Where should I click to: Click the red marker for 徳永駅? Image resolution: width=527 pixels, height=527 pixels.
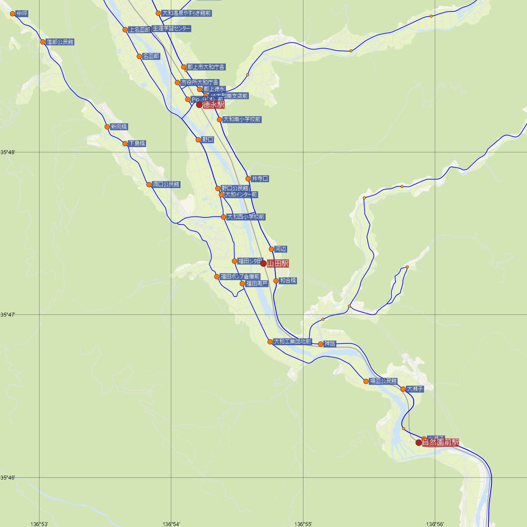pos(199,105)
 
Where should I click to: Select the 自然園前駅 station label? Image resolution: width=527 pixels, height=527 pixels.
pos(440,443)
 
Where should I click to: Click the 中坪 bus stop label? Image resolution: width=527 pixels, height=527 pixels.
pos(22,14)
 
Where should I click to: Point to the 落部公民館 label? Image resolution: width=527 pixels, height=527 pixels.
pos(60,42)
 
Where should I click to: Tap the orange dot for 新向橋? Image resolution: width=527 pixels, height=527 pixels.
pos(107,127)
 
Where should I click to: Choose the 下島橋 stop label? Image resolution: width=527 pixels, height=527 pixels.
pos(137,144)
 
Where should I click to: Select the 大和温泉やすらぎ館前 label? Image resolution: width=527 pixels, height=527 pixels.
pos(187,14)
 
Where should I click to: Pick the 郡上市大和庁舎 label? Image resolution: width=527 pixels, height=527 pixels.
pos(206,67)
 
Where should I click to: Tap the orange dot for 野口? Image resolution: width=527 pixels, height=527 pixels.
pos(198,140)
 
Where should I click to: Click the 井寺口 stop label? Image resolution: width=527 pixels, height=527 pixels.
pos(260,179)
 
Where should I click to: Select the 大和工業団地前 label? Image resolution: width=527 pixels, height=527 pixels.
pos(292,342)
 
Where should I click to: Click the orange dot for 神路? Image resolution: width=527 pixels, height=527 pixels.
pos(321,344)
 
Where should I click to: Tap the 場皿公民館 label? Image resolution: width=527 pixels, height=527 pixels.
pos(383,381)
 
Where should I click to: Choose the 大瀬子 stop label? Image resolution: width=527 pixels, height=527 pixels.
pos(415,389)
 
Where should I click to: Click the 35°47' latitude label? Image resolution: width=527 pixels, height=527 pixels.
pos(7,315)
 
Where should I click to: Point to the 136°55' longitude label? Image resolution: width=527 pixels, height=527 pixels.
pos(303,524)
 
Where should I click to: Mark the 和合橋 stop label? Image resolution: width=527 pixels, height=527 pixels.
pos(288,281)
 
